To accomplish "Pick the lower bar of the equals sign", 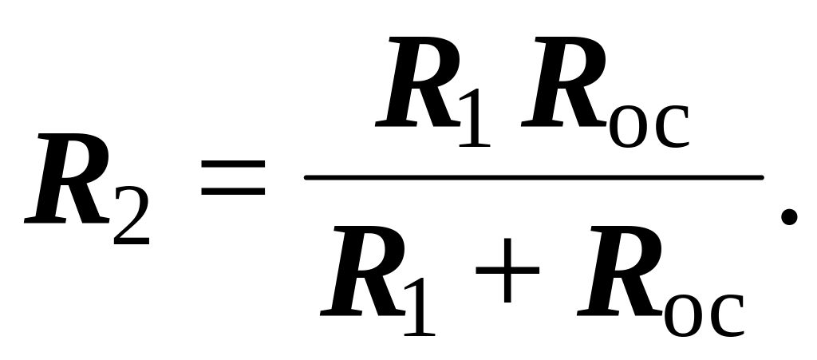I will coord(233,193).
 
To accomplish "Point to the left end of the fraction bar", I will coord(308,177).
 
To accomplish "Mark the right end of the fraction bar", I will coord(761,177).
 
